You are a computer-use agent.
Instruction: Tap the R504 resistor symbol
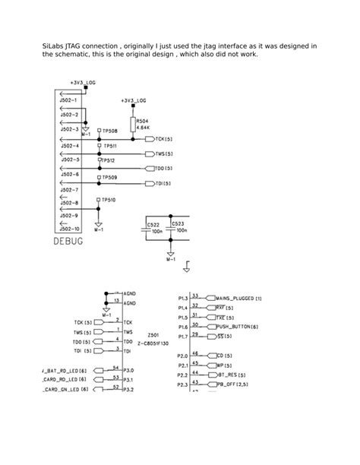click(x=134, y=125)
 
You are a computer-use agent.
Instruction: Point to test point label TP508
click(x=110, y=131)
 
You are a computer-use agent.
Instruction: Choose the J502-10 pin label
click(x=69, y=228)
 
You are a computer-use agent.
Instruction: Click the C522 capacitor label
click(x=153, y=225)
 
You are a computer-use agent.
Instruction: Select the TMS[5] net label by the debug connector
click(x=163, y=154)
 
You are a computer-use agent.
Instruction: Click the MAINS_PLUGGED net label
click(x=238, y=298)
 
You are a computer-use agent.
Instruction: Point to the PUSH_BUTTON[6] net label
click(x=238, y=326)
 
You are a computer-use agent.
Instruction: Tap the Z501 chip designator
click(x=153, y=335)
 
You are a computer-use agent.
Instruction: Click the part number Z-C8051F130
click(x=153, y=343)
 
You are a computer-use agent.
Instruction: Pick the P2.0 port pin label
click(x=182, y=355)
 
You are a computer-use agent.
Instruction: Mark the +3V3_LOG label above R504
click(x=134, y=100)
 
